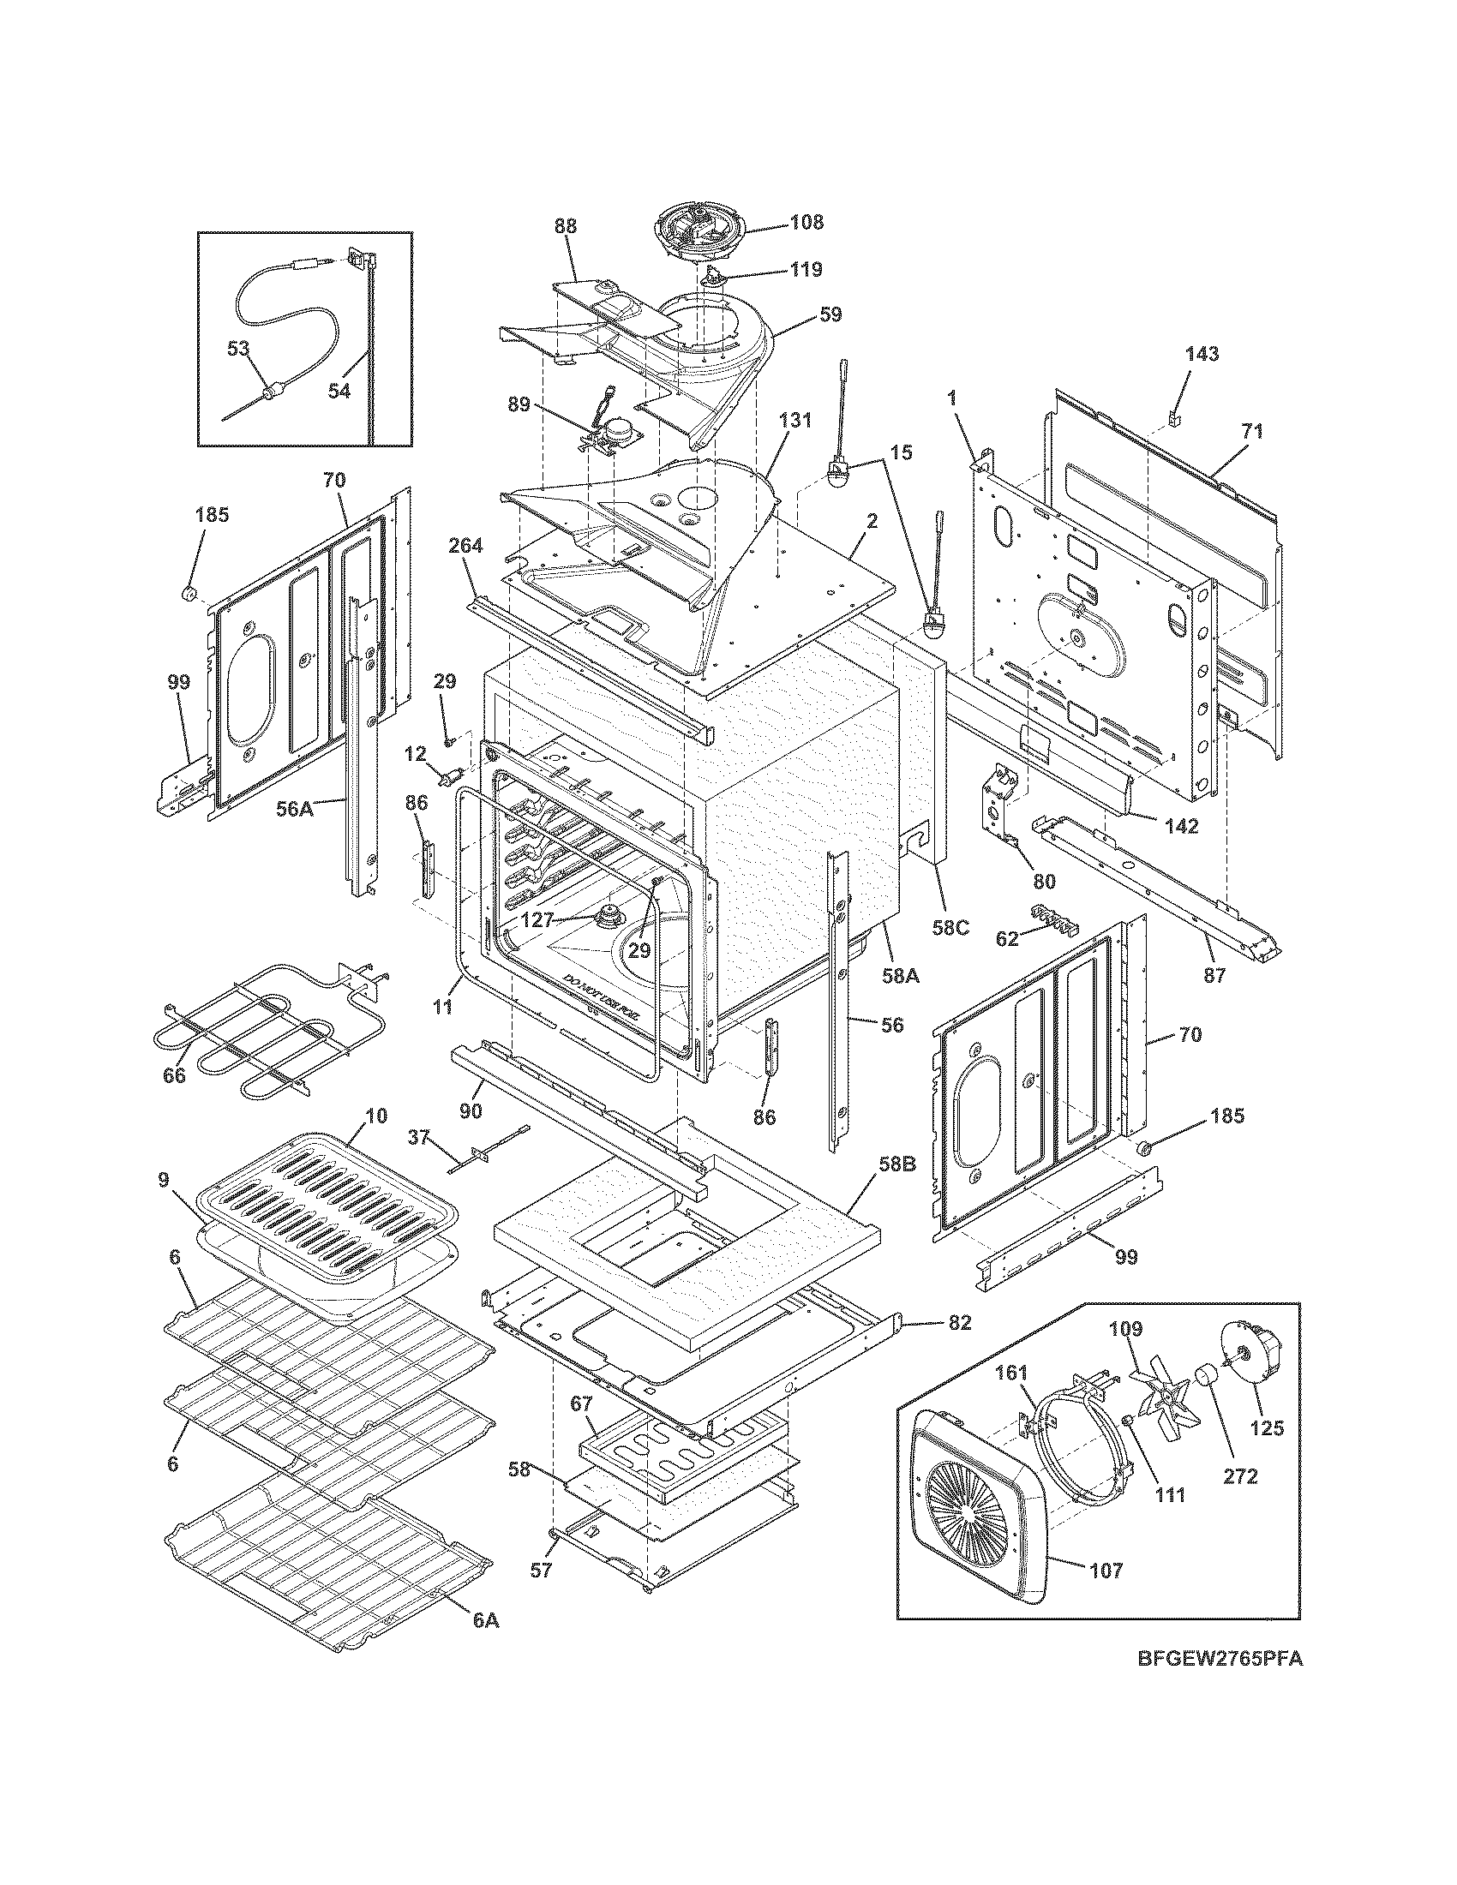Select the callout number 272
pyautogui.click(x=1240, y=1476)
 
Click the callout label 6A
pyautogui.click(x=485, y=1620)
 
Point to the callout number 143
pyautogui.click(x=1202, y=353)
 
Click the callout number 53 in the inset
pyautogui.click(x=238, y=349)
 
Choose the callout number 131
pyautogui.click(x=795, y=421)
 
